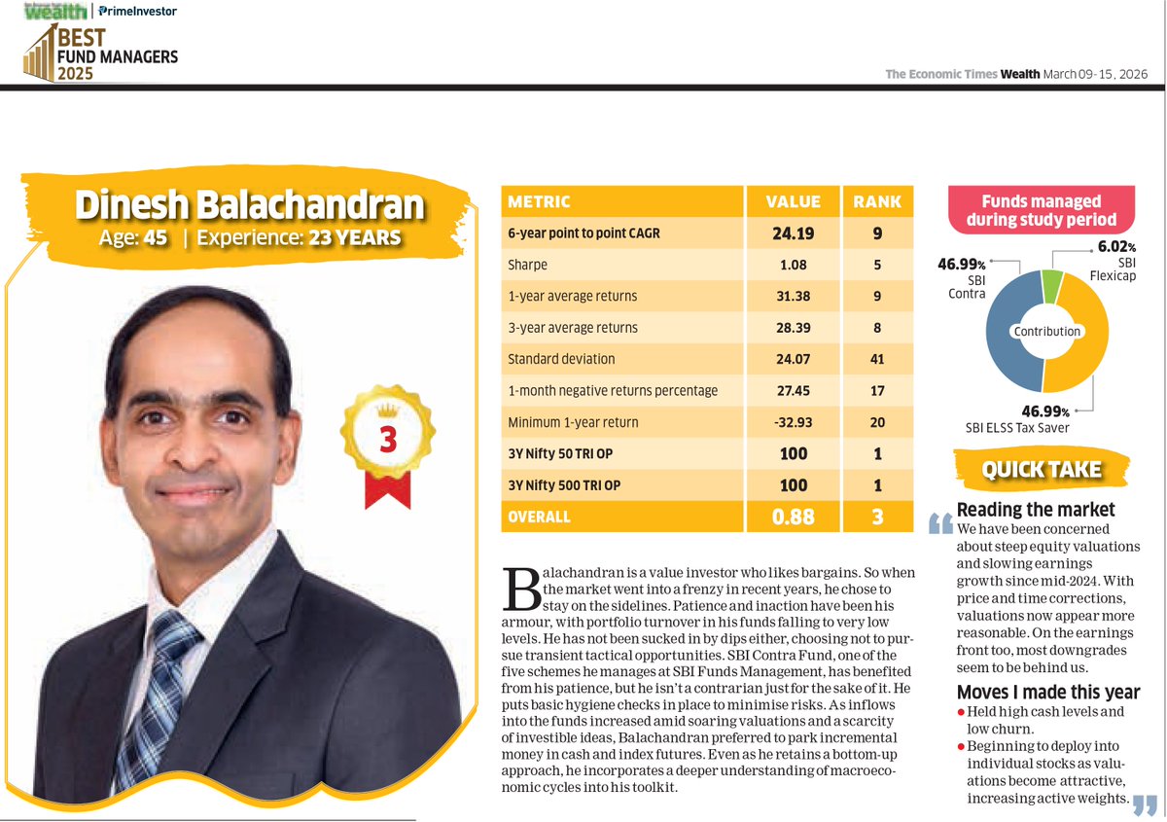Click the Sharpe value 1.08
point(796,265)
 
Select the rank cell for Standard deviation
point(877,359)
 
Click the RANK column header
point(877,202)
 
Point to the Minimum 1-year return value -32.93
point(796,422)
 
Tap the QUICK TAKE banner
point(1042,470)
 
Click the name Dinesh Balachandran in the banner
point(250,206)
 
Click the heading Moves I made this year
point(1047,693)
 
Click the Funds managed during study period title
point(1042,210)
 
